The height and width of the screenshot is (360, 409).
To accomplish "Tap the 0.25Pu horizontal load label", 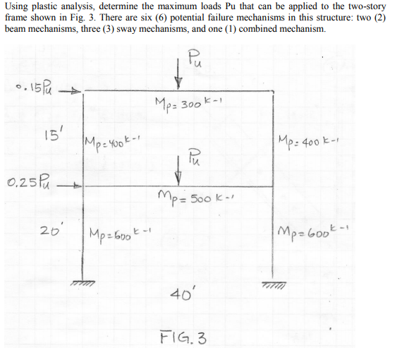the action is click(28, 181).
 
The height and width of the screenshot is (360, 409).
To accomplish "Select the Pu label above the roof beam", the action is click(195, 59).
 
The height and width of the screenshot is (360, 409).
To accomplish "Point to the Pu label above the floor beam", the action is click(193, 157).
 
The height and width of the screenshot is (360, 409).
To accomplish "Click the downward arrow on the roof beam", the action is click(178, 74).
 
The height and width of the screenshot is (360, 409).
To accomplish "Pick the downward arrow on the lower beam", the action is click(178, 171).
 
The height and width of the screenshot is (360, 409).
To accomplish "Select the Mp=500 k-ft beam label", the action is click(195, 199).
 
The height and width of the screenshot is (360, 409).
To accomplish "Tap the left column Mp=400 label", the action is click(113, 143).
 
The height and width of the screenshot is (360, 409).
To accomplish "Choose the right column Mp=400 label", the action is click(308, 141).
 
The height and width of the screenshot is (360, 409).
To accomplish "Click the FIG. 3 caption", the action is click(183, 338).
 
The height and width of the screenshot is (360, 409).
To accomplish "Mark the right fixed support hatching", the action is click(274, 284).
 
